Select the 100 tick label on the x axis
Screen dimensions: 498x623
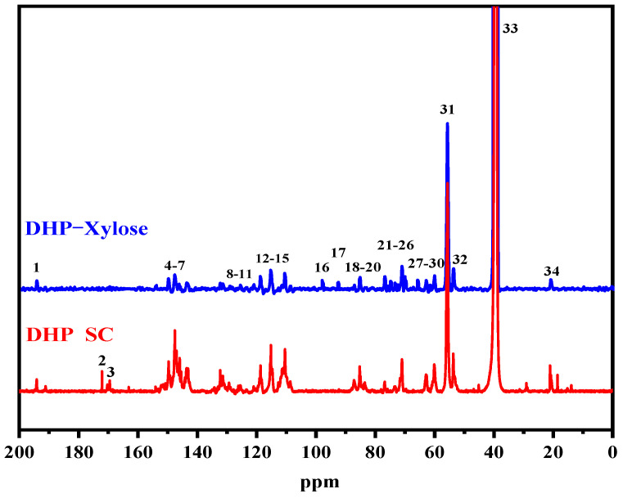point(315,452)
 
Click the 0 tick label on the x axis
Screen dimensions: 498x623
point(612,452)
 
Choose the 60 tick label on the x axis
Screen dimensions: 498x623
point(434,452)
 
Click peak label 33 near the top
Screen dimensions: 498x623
point(510,29)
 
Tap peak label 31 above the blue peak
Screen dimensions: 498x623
point(447,109)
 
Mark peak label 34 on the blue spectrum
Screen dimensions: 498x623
point(552,271)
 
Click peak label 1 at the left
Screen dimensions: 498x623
point(36,267)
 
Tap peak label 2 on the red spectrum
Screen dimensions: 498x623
point(102,361)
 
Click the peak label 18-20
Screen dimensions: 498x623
point(363,267)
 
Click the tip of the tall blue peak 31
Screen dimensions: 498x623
point(447,123)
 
